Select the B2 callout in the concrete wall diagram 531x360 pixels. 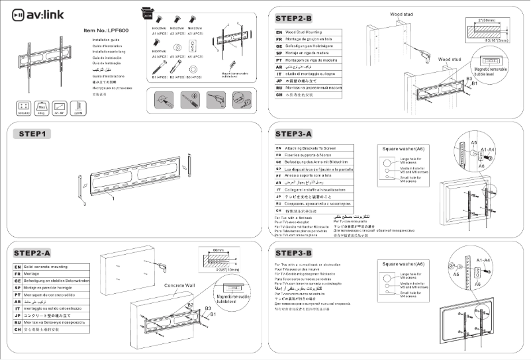click(x=190, y=305)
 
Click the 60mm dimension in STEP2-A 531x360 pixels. click(x=219, y=251)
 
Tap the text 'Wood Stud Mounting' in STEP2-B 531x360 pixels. click(x=307, y=31)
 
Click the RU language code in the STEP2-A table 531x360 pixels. click(x=18, y=323)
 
